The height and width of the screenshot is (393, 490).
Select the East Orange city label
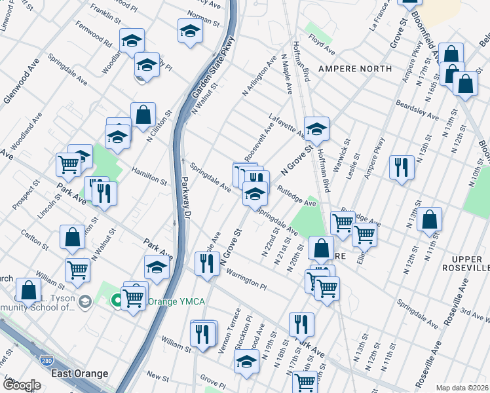80,373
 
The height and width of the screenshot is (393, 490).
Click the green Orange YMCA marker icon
117,301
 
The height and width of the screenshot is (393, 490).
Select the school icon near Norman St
190,30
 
